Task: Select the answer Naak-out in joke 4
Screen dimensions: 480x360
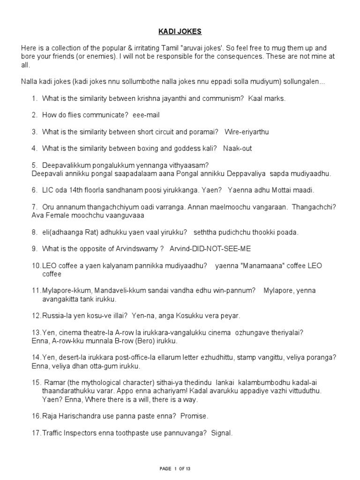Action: coord(238,148)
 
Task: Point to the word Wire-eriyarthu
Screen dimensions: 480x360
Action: coord(247,132)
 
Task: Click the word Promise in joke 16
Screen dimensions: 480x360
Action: coord(195,416)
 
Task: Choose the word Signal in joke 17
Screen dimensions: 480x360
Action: coord(221,433)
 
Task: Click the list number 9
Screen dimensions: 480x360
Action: coord(34,248)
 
